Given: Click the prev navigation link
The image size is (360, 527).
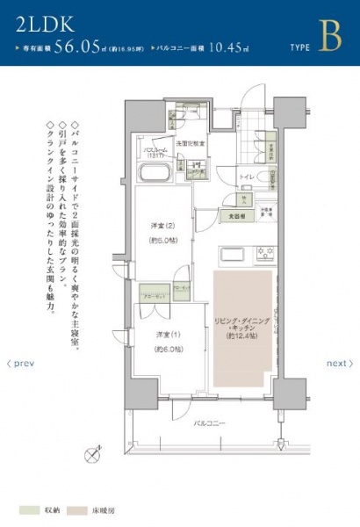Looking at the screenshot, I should [x=20, y=363].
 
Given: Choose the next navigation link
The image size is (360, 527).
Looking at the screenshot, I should [x=339, y=363].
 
